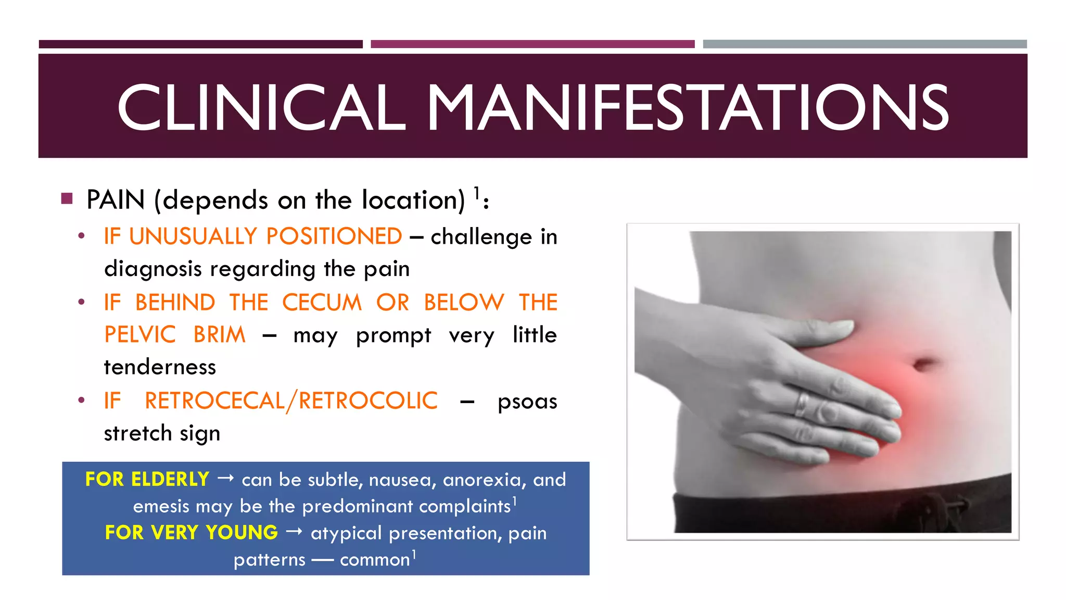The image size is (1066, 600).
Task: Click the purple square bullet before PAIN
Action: coord(67,198)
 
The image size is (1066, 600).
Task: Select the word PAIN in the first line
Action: coord(116,200)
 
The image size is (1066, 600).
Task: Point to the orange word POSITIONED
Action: coord(334,236)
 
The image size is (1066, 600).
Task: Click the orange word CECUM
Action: coord(322,303)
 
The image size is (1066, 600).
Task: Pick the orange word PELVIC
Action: coord(140,334)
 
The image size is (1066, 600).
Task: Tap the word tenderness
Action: coord(160,367)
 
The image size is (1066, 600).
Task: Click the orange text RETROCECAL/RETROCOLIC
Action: coord(291,401)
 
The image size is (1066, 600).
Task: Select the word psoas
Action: coord(527,402)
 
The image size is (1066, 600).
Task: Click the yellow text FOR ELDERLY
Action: coord(147,479)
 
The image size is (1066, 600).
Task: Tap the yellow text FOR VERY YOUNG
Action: coord(192,532)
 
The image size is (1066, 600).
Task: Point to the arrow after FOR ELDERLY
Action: coord(225,478)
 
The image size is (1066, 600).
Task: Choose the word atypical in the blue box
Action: coord(346,533)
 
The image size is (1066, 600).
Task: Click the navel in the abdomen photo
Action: coord(923,363)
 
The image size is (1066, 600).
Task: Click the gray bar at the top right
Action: coord(865,44)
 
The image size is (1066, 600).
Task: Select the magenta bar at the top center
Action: coord(532,44)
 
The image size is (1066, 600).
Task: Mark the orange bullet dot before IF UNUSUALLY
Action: coord(81,236)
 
